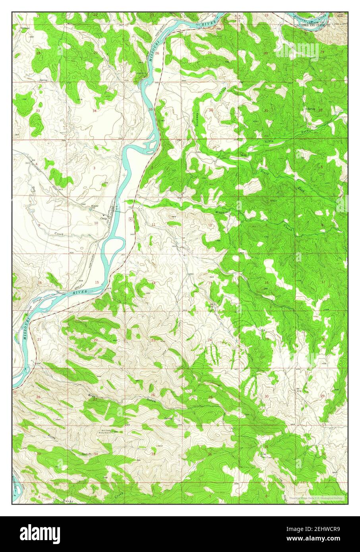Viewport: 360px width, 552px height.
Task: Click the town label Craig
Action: [x=104, y=218]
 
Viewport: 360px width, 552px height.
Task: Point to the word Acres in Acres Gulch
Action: [x=39, y=436]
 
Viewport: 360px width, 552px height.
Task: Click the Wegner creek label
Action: [x=221, y=212]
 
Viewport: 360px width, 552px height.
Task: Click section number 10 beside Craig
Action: [x=96, y=223]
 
